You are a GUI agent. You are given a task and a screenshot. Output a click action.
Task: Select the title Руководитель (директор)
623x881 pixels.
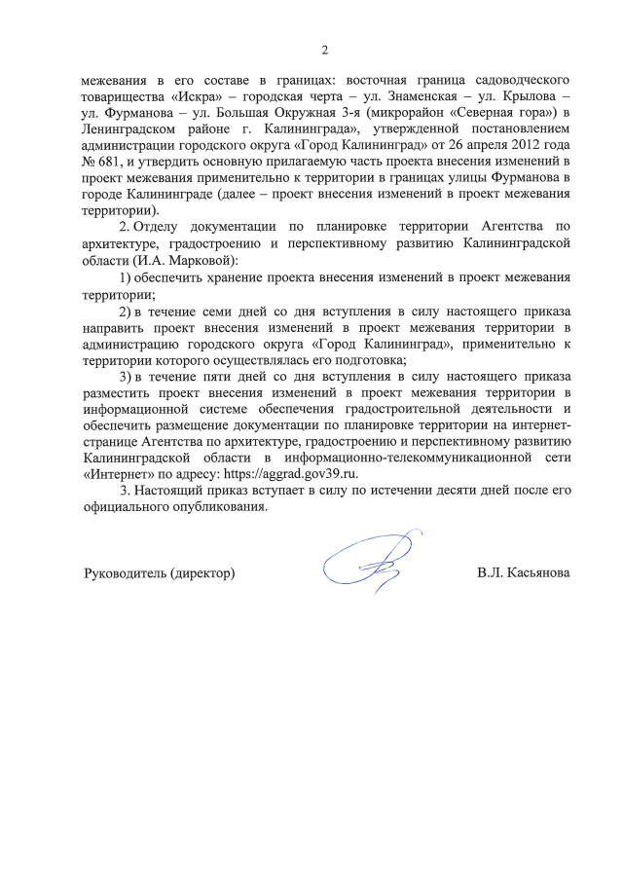[x=159, y=573]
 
